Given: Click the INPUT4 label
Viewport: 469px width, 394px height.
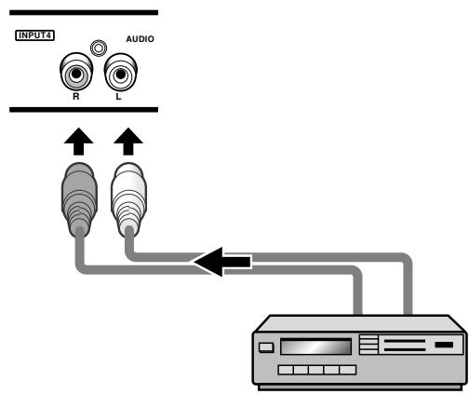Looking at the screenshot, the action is (34, 35).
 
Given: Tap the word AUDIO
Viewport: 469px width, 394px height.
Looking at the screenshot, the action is (140, 39).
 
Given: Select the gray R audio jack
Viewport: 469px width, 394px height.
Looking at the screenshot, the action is (76, 72).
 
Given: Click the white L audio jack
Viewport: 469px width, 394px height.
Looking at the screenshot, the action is (120, 72).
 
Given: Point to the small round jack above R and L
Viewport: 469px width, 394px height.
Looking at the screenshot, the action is (99, 48).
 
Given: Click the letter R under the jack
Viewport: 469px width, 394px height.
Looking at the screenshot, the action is (76, 97).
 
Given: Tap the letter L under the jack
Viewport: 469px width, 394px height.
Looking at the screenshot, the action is (118, 97).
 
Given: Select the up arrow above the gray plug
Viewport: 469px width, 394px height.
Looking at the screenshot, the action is (78, 142).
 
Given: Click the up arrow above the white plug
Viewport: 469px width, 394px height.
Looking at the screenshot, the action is (128, 142).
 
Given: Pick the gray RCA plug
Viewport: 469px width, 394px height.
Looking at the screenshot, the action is (79, 198).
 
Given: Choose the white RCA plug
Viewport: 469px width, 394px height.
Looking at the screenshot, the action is (128, 198).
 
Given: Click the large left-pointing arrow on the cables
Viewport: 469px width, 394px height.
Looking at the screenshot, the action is (222, 262).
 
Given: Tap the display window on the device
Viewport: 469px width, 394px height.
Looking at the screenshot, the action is (315, 346).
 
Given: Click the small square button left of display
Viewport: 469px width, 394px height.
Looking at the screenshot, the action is (266, 347).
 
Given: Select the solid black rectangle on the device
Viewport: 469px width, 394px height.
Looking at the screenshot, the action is (444, 345).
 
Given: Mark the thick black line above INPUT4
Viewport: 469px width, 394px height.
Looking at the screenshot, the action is (84, 13).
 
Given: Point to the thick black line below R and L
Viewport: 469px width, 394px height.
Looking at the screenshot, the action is (84, 110).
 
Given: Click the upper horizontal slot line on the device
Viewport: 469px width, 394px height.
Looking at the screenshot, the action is (404, 341).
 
